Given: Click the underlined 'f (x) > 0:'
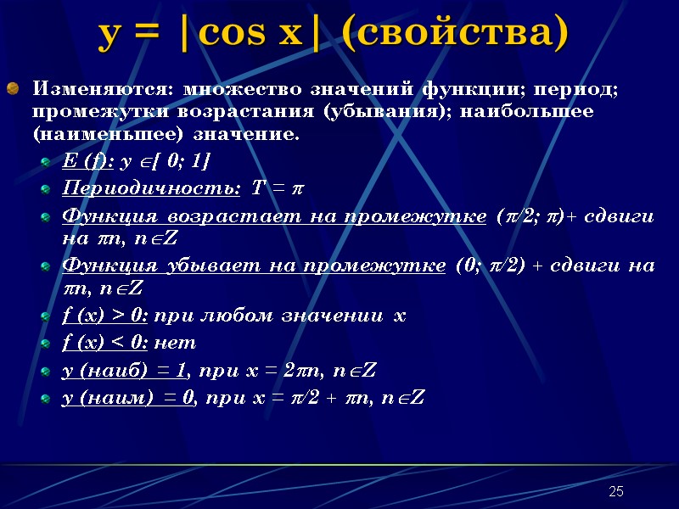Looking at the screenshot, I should pos(106,316).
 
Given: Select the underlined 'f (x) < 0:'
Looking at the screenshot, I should pos(106,343).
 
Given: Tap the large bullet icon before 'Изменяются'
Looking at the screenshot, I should pos(13,88).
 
